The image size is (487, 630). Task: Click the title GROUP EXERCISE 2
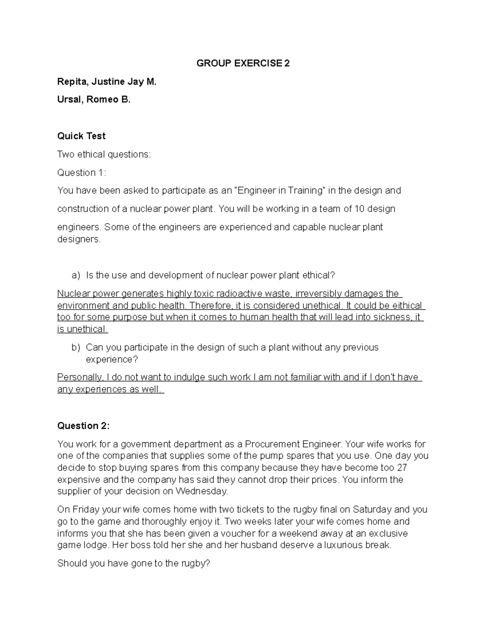click(243, 63)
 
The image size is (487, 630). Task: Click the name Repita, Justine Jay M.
click(106, 82)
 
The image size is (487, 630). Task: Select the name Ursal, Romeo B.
click(94, 99)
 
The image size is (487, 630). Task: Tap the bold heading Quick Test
click(81, 136)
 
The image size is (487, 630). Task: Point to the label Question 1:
click(81, 172)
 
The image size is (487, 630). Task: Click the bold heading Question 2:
click(83, 426)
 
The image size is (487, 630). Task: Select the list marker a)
click(76, 275)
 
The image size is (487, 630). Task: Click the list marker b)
click(76, 348)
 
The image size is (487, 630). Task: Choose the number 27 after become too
click(402, 467)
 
